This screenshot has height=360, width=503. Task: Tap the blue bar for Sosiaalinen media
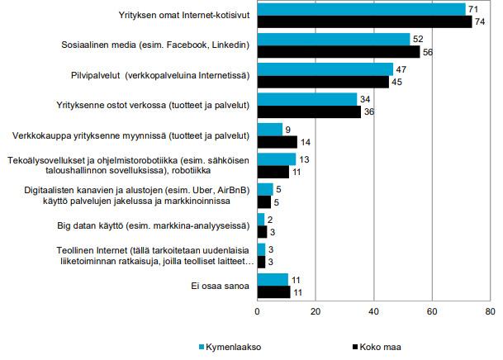click(x=334, y=40)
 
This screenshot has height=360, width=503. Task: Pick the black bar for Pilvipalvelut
click(x=323, y=81)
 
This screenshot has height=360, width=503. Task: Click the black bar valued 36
click(x=310, y=111)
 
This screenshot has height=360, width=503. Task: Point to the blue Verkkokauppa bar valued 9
click(x=270, y=129)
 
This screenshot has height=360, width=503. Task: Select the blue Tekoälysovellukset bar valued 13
click(x=277, y=159)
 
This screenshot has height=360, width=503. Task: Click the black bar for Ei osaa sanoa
click(x=273, y=291)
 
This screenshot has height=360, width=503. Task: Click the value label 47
click(x=401, y=69)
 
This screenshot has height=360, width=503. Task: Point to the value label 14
click(x=305, y=141)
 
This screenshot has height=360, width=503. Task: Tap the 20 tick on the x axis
click(x=316, y=312)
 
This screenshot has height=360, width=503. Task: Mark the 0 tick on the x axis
click(x=258, y=312)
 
